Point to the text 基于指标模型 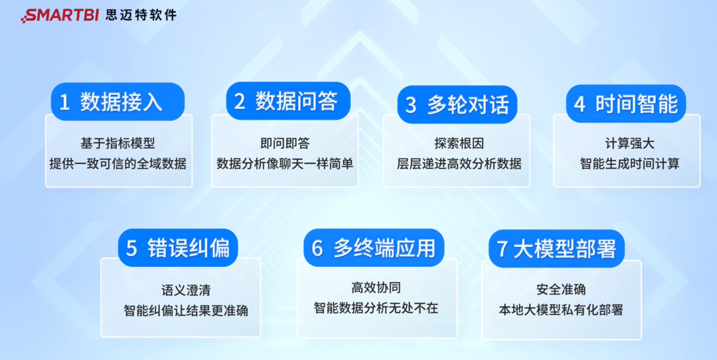(x=118, y=143)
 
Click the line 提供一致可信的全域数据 (x=118, y=163)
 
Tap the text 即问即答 (x=285, y=143)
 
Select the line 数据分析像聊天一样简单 (x=285, y=163)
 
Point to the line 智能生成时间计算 (x=629, y=163)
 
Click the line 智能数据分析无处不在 (x=376, y=308)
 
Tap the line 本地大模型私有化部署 (x=561, y=310)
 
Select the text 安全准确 (x=561, y=290)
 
